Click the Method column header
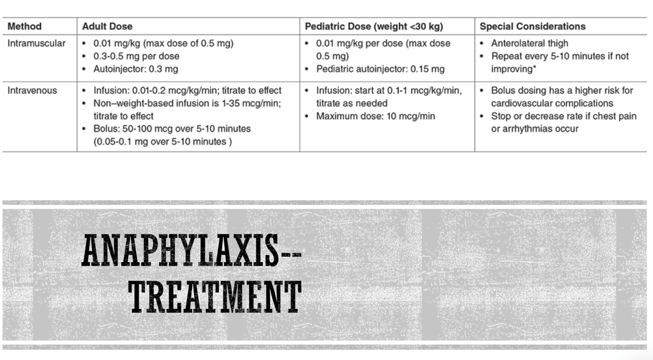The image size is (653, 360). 24,26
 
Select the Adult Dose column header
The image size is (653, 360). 107,26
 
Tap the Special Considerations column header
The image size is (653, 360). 532,26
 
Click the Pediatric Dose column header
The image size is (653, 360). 374,26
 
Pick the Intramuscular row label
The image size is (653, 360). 36,43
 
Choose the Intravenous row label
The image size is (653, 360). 32,90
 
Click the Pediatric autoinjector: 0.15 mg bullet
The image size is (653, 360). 380,69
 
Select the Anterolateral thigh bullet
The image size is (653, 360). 529,43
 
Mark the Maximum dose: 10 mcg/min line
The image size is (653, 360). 376,116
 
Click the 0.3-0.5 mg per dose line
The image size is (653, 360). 136,56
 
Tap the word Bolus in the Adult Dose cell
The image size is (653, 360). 105,129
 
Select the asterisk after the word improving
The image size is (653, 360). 534,68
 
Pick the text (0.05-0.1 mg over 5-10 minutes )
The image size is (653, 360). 163,141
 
